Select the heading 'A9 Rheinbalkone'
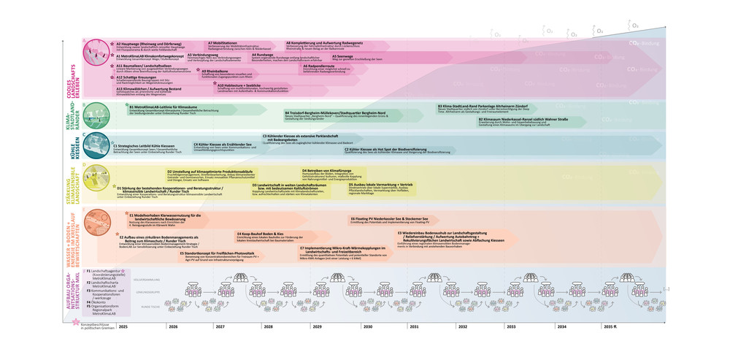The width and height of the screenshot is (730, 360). point(212,71)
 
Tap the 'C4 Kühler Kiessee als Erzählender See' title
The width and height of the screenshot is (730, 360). point(222,145)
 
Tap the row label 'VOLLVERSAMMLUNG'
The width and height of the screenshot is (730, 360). point(147,280)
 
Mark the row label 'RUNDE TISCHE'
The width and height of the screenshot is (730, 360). point(150,307)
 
